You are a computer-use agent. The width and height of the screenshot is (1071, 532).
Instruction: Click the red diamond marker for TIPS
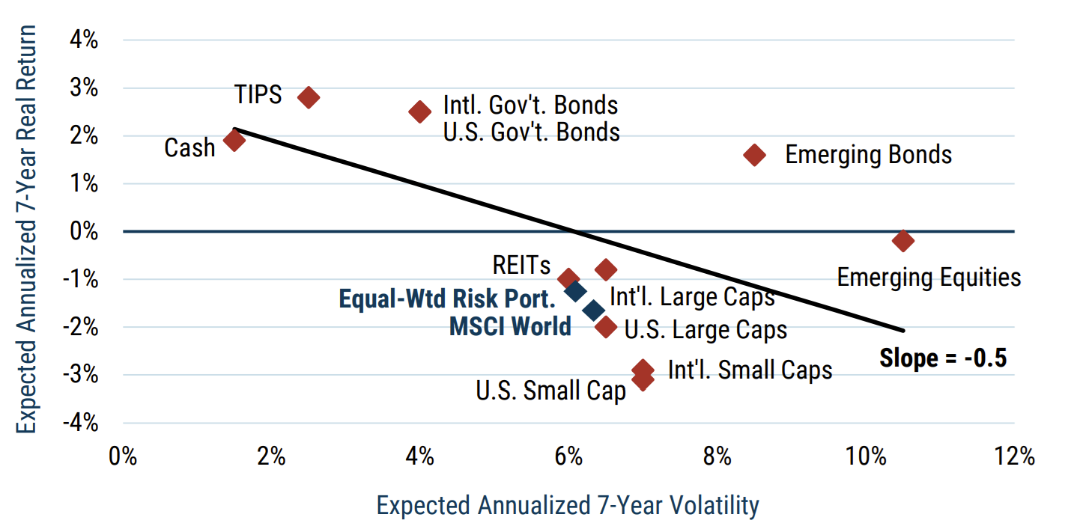point(309,97)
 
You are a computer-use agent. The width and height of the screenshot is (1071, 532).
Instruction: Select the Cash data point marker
point(234,141)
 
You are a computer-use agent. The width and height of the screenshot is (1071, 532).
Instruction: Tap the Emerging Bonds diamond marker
point(754,155)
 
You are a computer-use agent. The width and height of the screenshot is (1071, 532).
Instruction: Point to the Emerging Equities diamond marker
point(903,241)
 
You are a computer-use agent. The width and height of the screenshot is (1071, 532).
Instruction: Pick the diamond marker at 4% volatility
point(420,112)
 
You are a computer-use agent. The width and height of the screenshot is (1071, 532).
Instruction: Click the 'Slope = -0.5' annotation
point(943,358)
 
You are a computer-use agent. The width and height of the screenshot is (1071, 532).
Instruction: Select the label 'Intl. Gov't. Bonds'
point(531,104)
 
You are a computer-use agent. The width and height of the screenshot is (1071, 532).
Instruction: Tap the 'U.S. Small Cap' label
point(550,391)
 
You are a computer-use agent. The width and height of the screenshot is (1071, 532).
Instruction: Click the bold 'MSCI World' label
point(510,326)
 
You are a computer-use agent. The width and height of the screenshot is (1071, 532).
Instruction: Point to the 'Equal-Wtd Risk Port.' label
point(447,299)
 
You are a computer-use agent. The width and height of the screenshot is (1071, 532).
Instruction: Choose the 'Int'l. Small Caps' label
point(750,370)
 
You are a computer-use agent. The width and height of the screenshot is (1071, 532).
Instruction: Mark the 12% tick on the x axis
point(1015,456)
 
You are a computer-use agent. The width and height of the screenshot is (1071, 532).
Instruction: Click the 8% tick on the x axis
point(717,456)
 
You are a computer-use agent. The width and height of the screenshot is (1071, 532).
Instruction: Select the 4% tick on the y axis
point(84,40)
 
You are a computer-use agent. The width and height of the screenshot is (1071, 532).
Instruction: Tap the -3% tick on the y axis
point(82,374)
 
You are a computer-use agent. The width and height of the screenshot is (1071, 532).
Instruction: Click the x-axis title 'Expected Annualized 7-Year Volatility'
point(568,506)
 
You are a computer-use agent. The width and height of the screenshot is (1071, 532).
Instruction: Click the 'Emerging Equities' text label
point(929,278)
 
